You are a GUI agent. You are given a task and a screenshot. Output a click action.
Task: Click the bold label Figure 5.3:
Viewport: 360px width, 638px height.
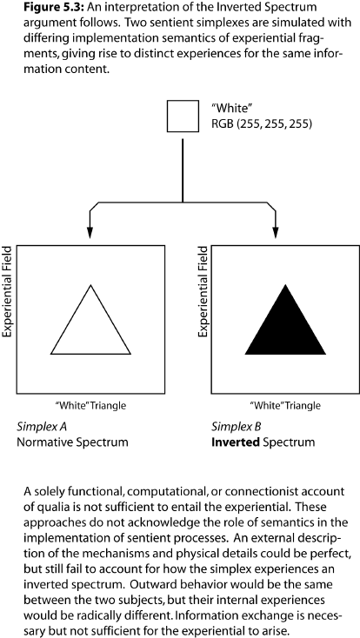(x=51, y=7)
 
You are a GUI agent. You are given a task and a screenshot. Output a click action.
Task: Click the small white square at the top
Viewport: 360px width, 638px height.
(x=183, y=116)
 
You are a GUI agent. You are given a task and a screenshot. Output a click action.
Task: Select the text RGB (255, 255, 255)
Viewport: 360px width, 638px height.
(x=262, y=123)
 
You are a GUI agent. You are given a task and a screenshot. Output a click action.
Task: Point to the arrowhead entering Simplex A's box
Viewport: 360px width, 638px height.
(x=90, y=233)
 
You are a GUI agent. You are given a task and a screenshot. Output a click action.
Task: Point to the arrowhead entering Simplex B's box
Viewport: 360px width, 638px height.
(x=276, y=233)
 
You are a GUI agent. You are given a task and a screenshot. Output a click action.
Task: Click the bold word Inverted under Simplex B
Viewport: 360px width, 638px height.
(x=236, y=442)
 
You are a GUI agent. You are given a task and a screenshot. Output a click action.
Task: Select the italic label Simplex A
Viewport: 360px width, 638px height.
(x=42, y=427)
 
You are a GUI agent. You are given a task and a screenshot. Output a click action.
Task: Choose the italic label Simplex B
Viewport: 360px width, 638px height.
(x=237, y=427)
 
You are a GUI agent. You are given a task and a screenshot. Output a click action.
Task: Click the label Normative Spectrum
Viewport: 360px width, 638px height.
(x=72, y=442)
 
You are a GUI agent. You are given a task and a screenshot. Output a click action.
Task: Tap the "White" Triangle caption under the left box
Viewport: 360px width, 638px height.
(x=90, y=406)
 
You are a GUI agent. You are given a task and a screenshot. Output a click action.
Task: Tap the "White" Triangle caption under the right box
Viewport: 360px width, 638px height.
(x=285, y=406)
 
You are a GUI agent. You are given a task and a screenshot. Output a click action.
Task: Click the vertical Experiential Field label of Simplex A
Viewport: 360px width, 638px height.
(x=7, y=291)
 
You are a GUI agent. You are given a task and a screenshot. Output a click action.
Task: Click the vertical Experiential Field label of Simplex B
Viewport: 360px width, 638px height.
(x=203, y=291)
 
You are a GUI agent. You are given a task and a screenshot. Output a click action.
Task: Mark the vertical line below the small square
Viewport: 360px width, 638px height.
(x=183, y=170)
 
